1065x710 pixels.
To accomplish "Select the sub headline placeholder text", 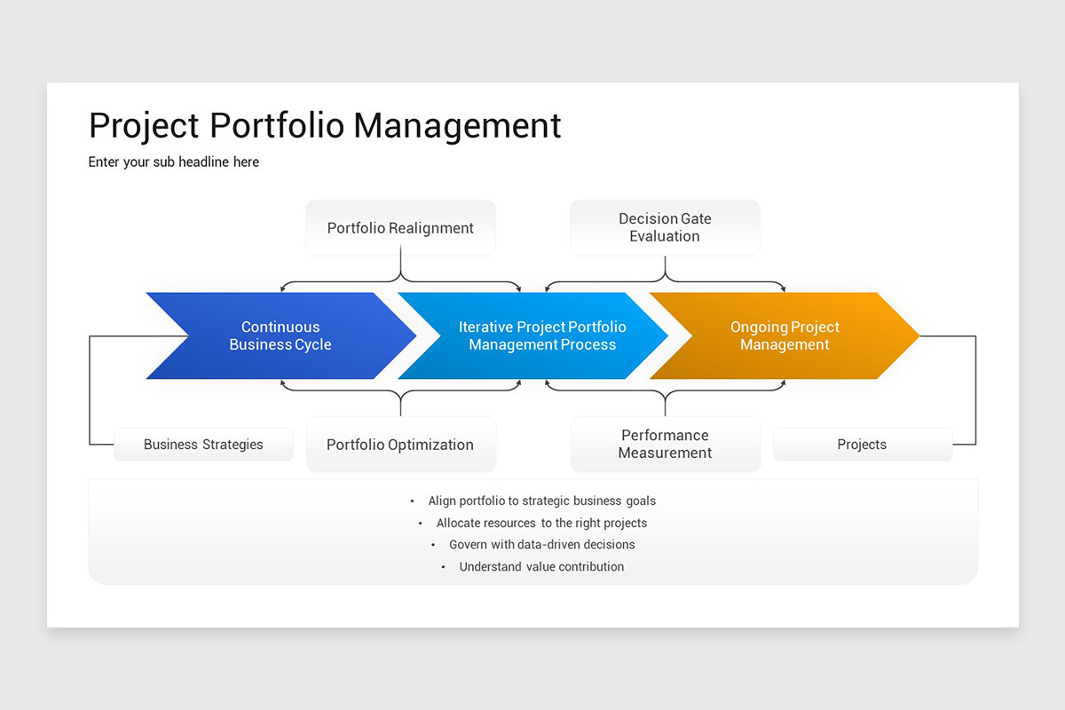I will coord(174,162).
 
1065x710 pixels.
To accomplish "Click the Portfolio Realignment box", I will coord(400,228).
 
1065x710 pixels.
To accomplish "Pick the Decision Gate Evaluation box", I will coord(665,227).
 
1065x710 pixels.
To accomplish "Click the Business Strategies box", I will coord(203,445).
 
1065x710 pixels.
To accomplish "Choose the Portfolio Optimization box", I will coord(400,445).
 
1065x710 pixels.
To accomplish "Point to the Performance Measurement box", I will coord(665,444).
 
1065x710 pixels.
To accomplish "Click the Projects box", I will coord(862,445).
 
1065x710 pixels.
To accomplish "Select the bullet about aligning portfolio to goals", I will coord(541,501).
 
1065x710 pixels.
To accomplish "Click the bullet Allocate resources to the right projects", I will coord(541,524).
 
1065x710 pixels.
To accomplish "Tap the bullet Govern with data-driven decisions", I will coord(541,545).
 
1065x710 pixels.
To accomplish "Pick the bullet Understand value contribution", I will coord(541,567).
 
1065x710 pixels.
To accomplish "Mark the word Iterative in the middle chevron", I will coord(485,327).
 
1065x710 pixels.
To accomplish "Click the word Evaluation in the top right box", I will coord(665,237).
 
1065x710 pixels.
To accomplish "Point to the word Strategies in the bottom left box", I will coord(233,445).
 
